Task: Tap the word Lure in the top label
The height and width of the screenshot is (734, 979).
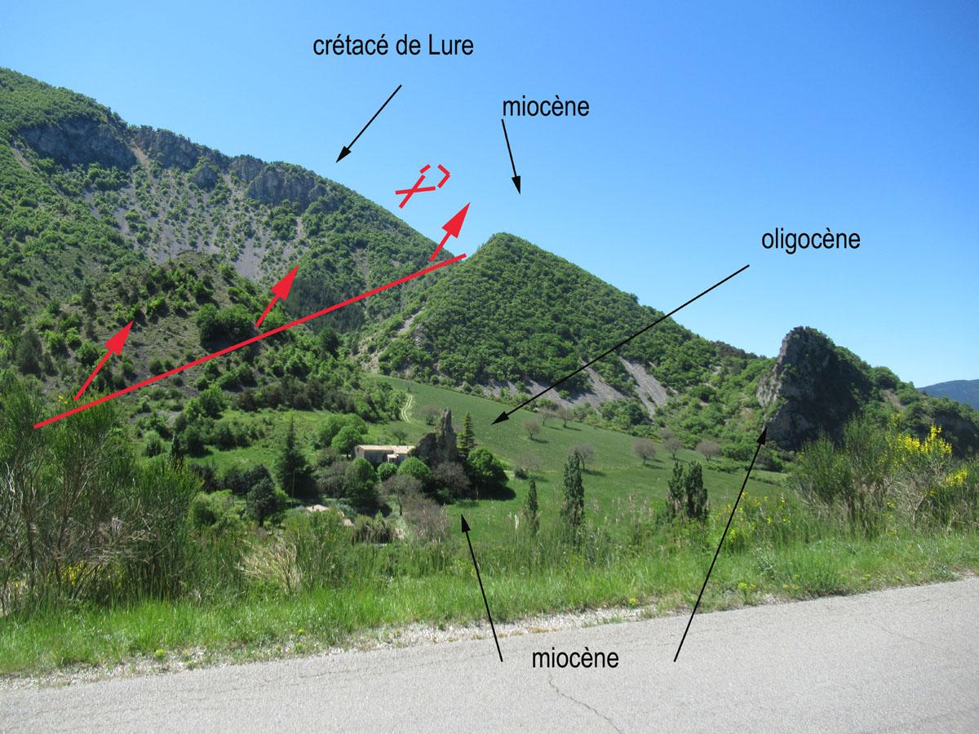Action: coord(451,46)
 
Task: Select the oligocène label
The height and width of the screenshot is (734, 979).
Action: coord(810,241)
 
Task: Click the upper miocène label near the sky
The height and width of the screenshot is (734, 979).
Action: coord(546,108)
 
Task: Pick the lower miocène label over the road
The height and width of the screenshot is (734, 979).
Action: coord(575,658)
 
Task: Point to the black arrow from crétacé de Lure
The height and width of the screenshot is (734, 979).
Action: coord(369,123)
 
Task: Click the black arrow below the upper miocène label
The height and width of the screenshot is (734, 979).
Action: coord(512,157)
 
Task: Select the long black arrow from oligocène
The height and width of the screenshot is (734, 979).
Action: coord(620,344)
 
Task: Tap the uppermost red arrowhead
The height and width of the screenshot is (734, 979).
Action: coord(459,219)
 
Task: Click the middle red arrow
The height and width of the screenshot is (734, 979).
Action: coord(277,296)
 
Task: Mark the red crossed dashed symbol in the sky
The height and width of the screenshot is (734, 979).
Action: coord(423,185)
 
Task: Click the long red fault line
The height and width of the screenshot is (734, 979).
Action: coord(250,341)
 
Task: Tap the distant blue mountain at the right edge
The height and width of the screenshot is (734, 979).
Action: coord(952,392)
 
